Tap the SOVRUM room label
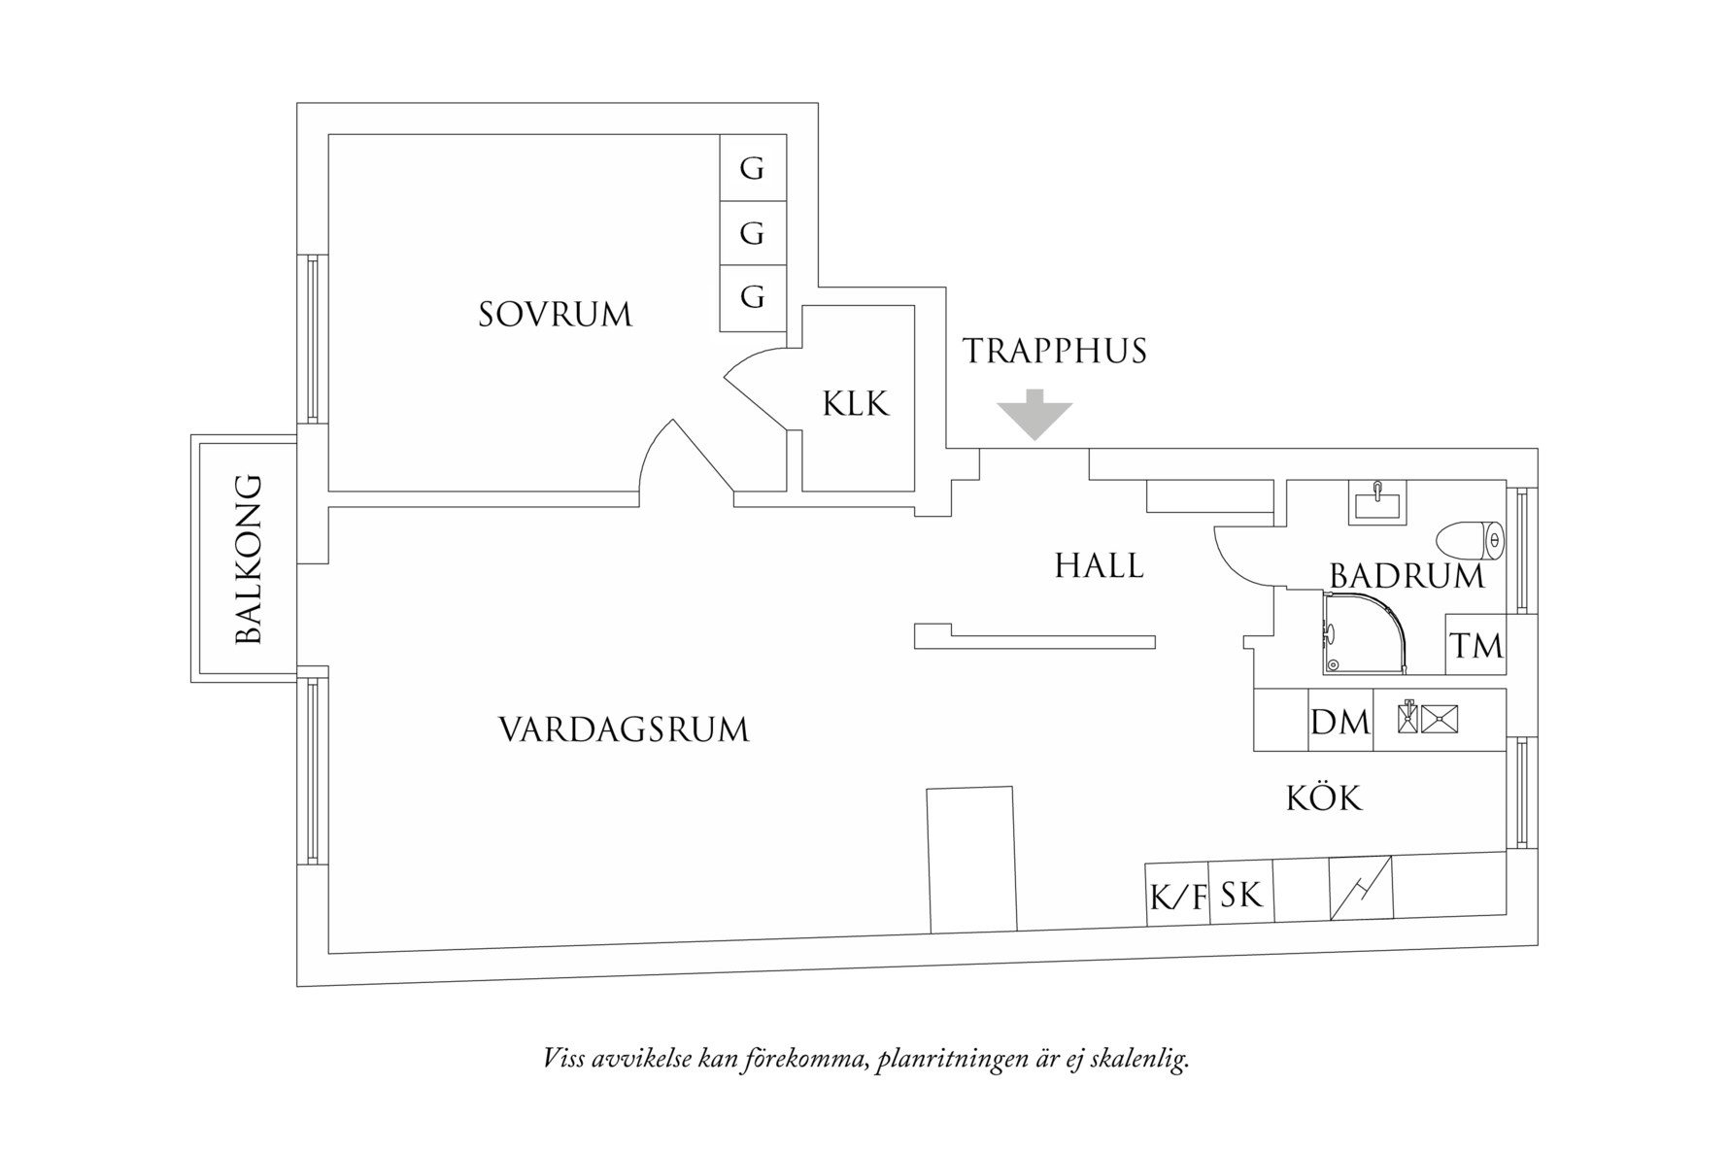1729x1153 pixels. (555, 315)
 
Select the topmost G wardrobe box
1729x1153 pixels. (752, 168)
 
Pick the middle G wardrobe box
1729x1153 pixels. (752, 233)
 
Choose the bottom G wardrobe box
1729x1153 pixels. (752, 296)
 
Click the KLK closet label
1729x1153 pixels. (856, 404)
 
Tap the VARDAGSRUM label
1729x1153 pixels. (624, 729)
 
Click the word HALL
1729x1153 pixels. (1099, 565)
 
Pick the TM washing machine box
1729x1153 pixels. (1475, 645)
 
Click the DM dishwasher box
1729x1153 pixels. (1340, 721)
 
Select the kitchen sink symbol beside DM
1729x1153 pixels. (1429, 718)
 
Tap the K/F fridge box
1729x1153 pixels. (1177, 895)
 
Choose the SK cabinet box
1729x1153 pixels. (1240, 893)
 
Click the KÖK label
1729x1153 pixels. (1324, 798)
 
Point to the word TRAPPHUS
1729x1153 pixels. (1055, 351)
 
